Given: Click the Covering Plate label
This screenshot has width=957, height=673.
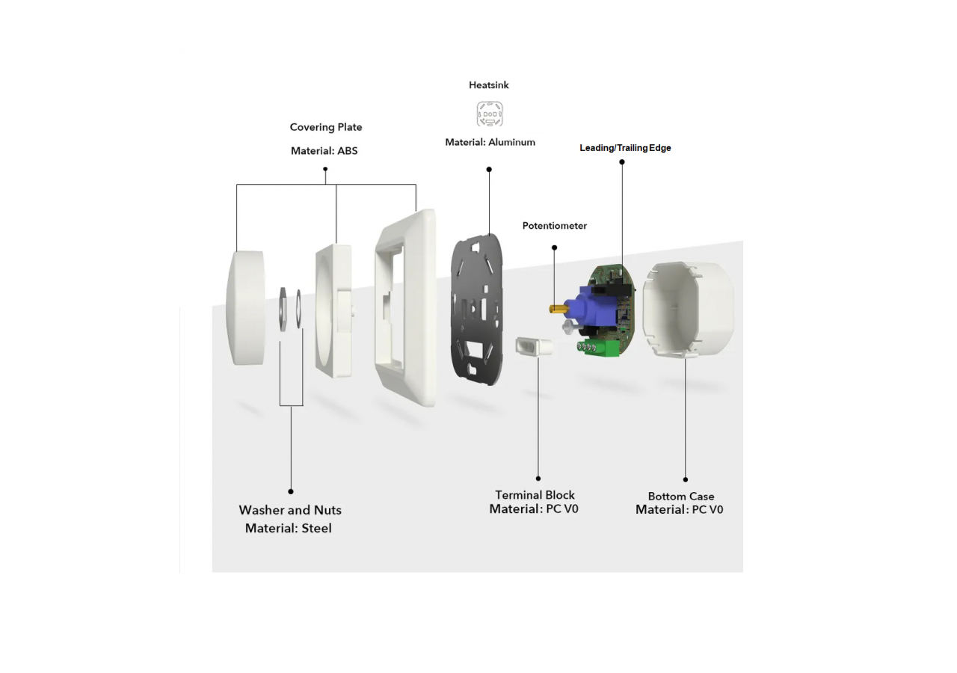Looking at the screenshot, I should [x=326, y=127].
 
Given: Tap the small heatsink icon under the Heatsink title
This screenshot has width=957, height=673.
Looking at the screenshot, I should [x=490, y=114].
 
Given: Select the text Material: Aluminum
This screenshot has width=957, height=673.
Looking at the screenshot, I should [x=490, y=142].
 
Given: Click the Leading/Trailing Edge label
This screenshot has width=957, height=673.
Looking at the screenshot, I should [x=625, y=148].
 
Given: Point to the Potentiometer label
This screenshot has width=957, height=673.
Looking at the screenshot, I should [x=554, y=226].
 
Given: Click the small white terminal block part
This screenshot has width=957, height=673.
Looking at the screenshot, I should [x=537, y=347].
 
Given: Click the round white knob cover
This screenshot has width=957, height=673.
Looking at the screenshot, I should [x=245, y=308].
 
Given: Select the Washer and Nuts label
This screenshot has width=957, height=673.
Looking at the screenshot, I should [x=290, y=510].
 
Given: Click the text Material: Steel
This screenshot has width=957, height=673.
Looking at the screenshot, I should [x=289, y=529].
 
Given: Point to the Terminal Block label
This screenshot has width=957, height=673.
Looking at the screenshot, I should [x=535, y=495].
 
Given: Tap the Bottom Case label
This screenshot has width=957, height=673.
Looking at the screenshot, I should [x=680, y=497].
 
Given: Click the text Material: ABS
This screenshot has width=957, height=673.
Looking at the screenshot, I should [x=324, y=151].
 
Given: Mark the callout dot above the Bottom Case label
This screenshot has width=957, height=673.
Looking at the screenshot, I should [x=686, y=479].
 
